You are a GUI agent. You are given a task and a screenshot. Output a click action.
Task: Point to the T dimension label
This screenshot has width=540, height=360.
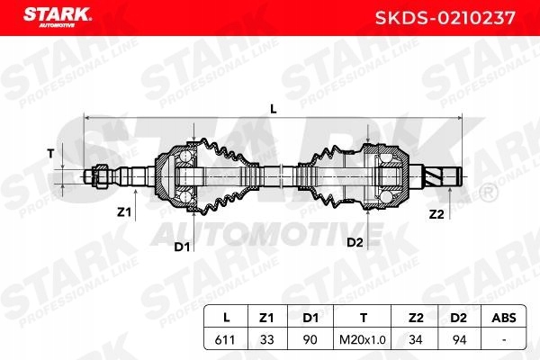tap(50, 153)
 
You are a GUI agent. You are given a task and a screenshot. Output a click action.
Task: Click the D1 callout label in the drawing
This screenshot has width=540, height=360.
tap(182, 246)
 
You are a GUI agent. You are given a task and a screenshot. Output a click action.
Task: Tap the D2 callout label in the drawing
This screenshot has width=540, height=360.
tap(355, 243)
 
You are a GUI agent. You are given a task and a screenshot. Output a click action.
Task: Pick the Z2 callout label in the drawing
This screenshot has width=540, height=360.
tap(436, 213)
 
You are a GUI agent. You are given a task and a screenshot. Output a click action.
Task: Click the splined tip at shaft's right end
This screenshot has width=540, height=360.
tap(446, 175)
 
